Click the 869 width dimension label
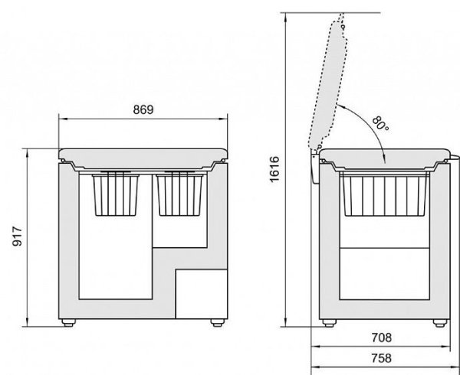143,109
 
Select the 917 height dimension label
18,236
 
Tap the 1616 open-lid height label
274,169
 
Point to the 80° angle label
380,124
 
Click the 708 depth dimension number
381,337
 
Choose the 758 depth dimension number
381,358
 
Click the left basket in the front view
116,194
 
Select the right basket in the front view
180,194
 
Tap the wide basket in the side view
384,194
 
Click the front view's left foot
69,323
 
